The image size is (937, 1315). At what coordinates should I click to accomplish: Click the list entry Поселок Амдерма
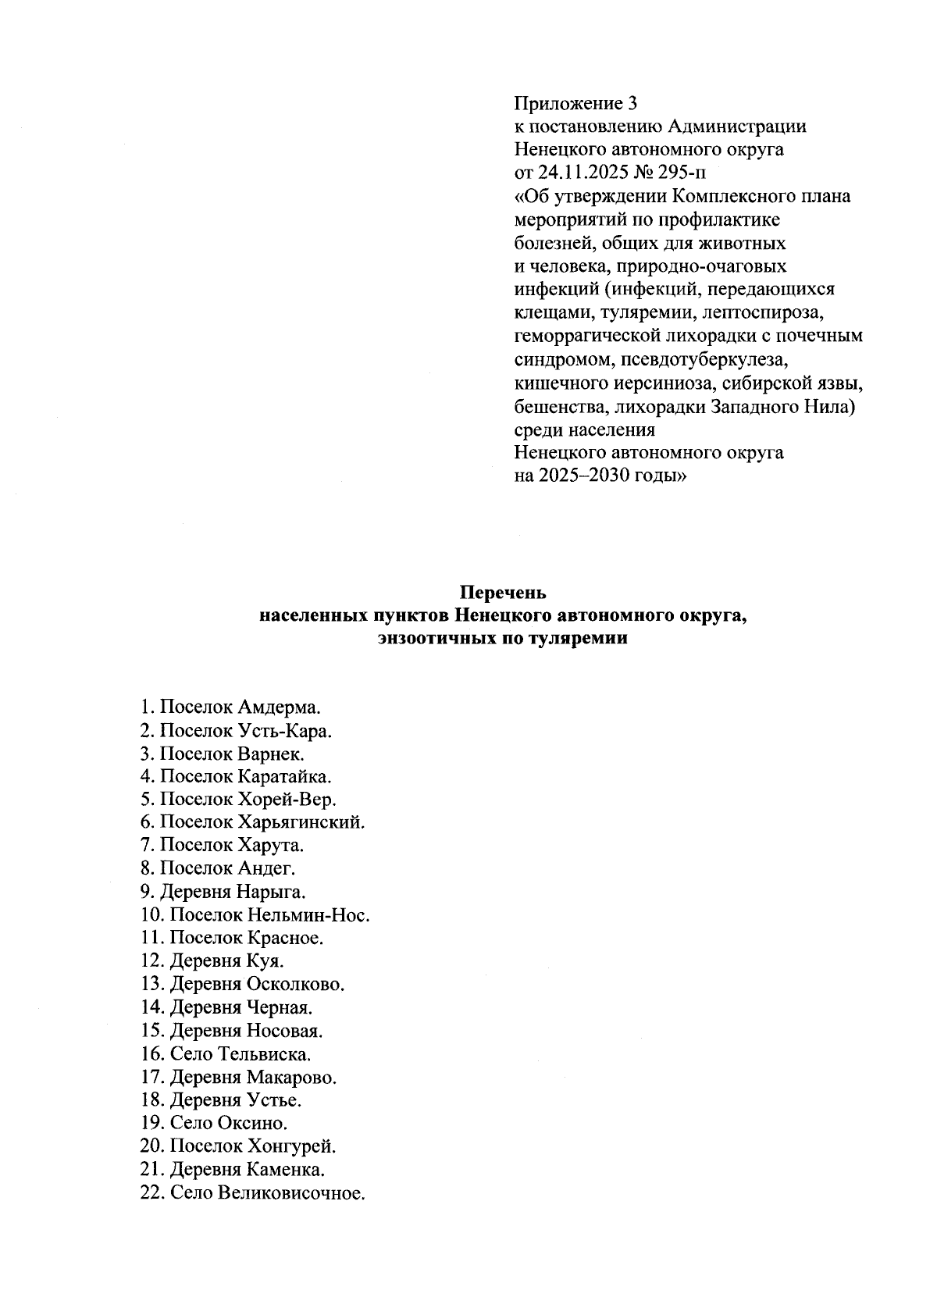pyautogui.click(x=231, y=707)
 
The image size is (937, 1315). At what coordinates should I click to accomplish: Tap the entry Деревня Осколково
pyautogui.click(x=257, y=984)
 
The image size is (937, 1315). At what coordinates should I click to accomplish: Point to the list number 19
pyautogui.click(x=151, y=1124)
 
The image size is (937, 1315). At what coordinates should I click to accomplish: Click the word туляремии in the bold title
pyautogui.click(x=569, y=639)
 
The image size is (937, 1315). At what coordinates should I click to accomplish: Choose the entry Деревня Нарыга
pyautogui.click(x=233, y=891)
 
